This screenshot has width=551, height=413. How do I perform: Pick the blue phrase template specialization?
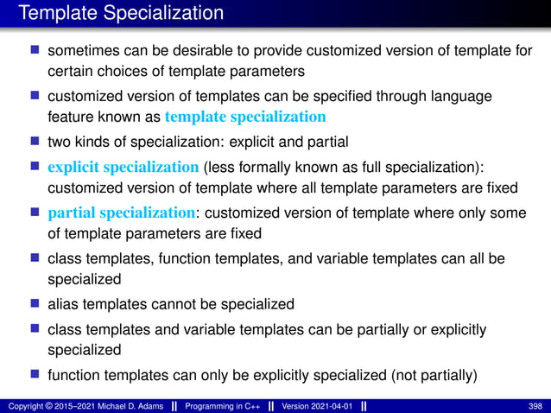point(245,115)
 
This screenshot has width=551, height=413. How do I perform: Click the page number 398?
point(535,405)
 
